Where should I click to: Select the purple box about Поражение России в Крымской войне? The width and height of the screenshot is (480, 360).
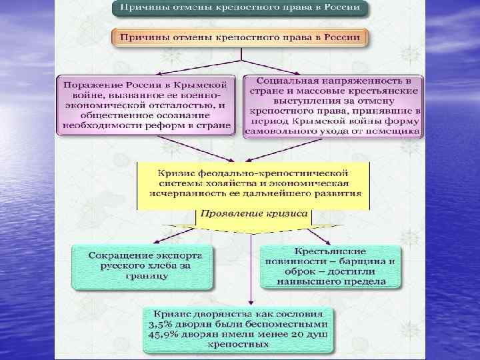[145, 104]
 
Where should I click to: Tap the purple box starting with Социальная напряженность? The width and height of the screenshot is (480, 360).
[333, 104]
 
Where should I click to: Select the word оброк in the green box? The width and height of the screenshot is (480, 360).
[293, 271]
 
